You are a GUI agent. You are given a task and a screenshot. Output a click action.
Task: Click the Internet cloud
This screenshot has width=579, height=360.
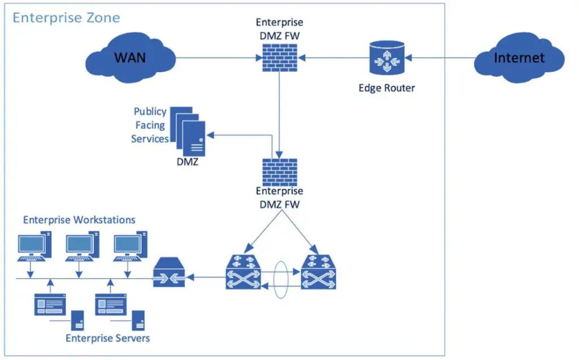click(x=519, y=58)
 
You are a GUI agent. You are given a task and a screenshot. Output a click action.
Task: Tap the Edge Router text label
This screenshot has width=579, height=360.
click(x=387, y=88)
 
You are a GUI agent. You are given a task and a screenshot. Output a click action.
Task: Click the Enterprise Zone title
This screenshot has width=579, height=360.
click(x=66, y=18)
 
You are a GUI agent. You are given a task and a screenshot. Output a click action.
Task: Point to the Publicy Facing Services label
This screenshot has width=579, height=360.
click(x=150, y=125)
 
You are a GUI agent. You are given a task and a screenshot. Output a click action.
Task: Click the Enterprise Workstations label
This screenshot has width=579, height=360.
click(x=79, y=219)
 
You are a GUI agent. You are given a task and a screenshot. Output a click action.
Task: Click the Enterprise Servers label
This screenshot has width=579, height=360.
click(x=107, y=338)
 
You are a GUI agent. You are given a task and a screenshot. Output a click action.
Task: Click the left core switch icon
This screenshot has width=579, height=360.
click(x=243, y=272)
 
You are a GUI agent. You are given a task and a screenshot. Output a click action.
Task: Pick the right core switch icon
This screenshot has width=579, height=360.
click(x=318, y=272)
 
